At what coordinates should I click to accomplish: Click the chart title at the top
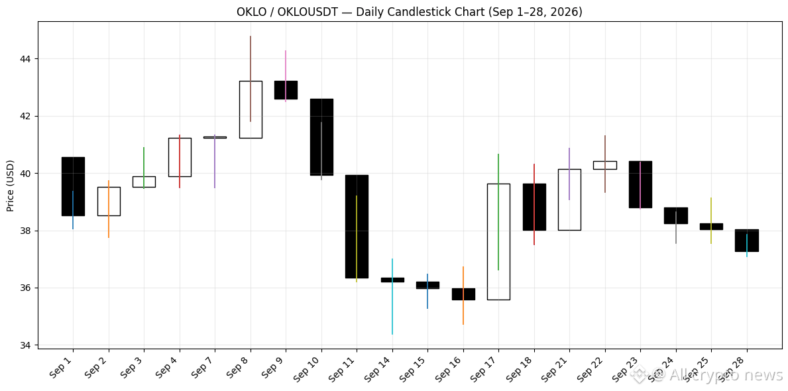click(x=409, y=11)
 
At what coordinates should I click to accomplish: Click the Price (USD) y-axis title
click(x=11, y=186)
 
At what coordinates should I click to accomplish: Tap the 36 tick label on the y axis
click(x=25, y=288)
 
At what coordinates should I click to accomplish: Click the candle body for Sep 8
click(x=251, y=109)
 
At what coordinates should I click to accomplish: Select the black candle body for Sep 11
click(x=357, y=227)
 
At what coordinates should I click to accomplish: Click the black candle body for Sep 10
click(x=321, y=137)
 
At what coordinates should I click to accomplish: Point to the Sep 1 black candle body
click(x=73, y=186)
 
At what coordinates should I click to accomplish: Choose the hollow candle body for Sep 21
click(x=569, y=199)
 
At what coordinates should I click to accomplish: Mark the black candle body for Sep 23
click(x=640, y=184)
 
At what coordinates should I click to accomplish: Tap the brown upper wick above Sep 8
click(x=251, y=58)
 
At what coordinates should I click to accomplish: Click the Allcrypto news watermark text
click(x=708, y=374)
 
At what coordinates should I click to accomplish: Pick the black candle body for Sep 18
click(x=534, y=207)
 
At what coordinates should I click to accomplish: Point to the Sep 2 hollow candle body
click(x=109, y=201)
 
